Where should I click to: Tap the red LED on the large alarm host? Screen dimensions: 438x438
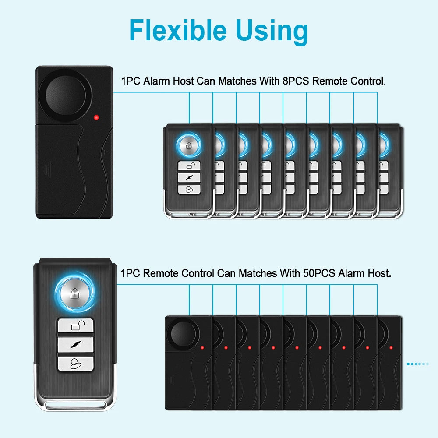point(96,117)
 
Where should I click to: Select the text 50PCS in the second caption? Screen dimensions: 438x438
point(319,274)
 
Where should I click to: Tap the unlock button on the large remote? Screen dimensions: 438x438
point(76,325)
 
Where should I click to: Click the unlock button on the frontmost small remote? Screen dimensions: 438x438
point(189,166)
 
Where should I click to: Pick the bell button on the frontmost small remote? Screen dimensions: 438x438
point(189,189)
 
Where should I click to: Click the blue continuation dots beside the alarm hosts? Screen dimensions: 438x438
point(417,364)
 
